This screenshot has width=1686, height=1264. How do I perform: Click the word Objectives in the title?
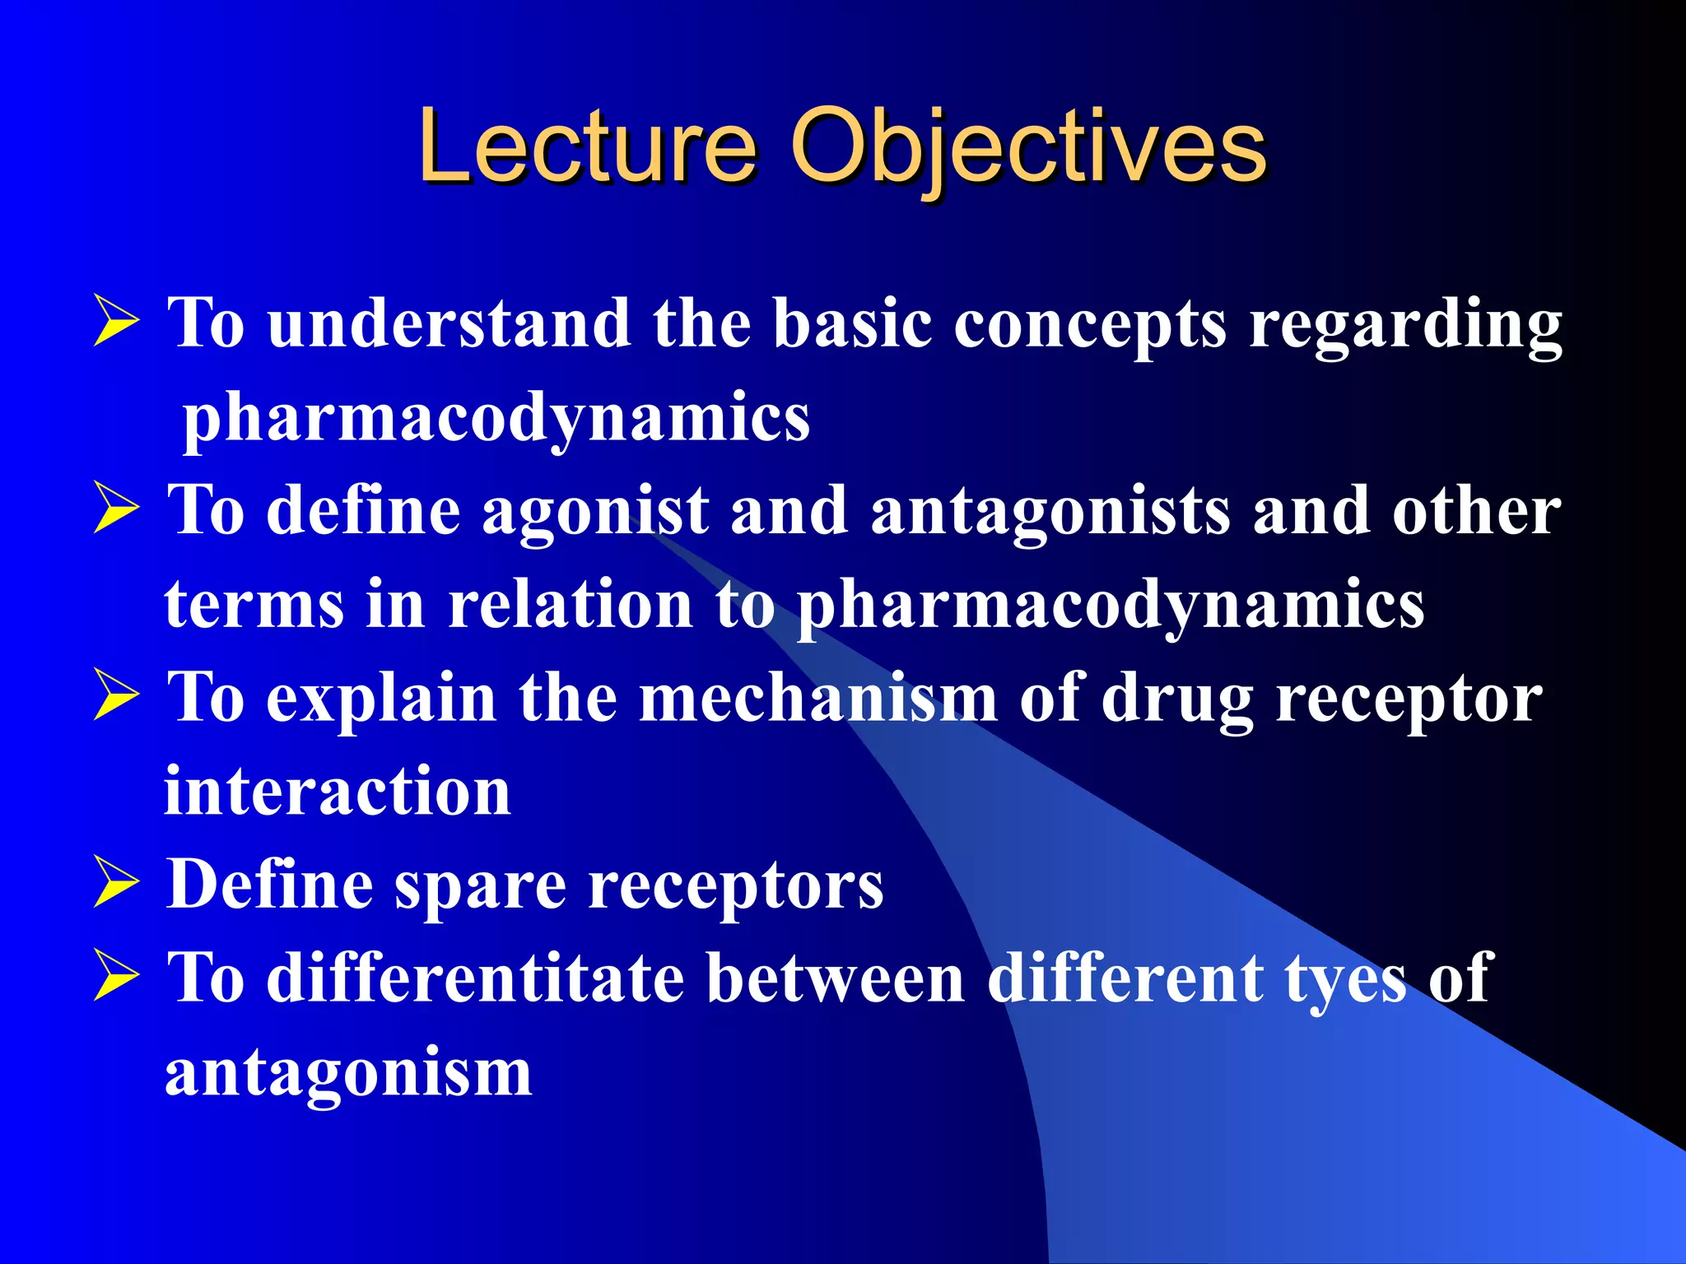(x=1028, y=148)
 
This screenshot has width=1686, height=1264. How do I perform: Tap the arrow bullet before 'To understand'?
(x=117, y=322)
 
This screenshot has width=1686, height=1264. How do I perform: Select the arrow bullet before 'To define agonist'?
(x=117, y=509)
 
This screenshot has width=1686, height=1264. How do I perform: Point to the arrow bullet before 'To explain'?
(x=117, y=695)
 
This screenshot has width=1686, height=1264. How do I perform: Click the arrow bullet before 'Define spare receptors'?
(x=117, y=882)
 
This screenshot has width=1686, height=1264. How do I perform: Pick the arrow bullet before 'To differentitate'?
(x=117, y=976)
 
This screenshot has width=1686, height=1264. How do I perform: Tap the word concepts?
(x=1090, y=326)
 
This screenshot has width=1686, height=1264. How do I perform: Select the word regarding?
(x=1405, y=326)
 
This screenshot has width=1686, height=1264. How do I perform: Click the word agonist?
(x=595, y=512)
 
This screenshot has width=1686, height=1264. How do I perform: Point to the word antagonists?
(x=1050, y=512)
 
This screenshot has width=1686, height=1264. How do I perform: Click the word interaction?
(x=338, y=792)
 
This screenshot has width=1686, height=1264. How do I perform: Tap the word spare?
(x=480, y=887)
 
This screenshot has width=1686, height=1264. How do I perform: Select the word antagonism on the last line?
(x=348, y=1073)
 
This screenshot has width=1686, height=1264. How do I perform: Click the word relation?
(x=571, y=604)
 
